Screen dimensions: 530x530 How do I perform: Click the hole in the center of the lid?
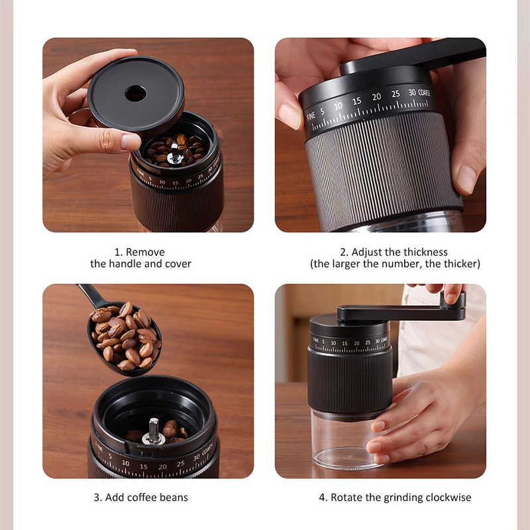coord(136,93)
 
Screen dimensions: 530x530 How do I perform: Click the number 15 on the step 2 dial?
coord(356,101)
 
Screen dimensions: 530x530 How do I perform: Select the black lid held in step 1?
coord(136,96)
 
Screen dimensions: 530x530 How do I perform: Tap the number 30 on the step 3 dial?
coord(196,456)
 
